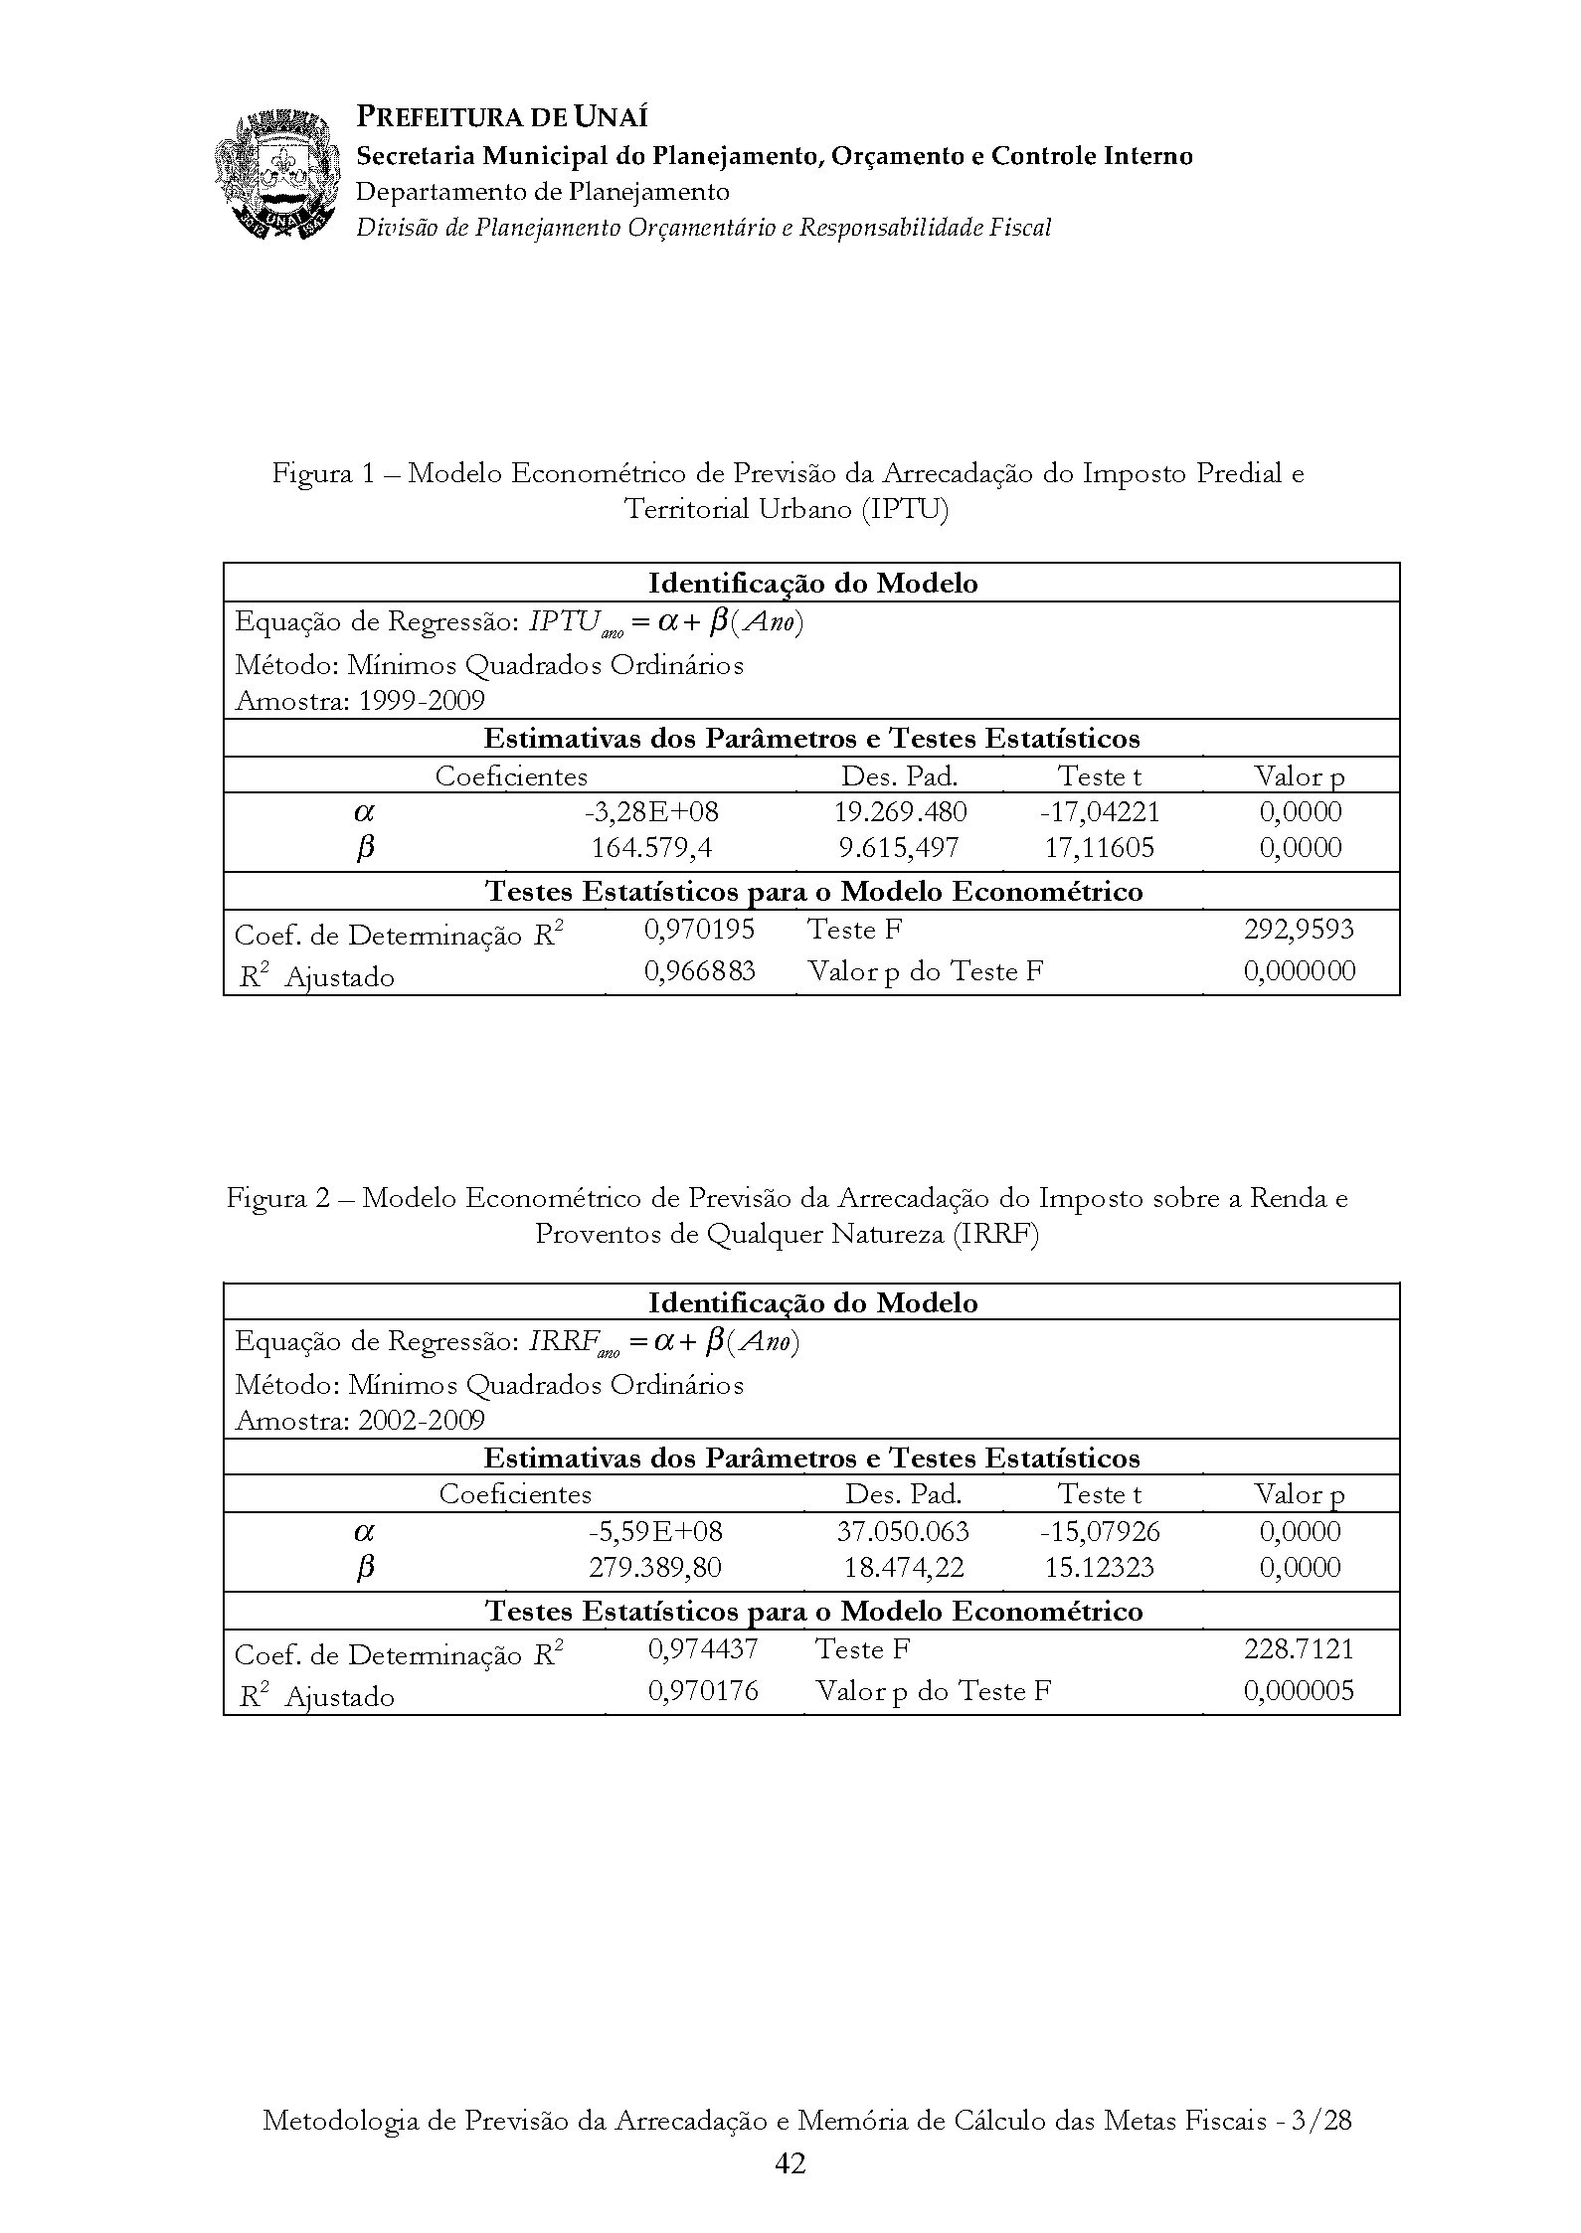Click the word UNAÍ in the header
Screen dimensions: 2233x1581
coord(611,117)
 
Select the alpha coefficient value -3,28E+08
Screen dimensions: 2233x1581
coord(651,812)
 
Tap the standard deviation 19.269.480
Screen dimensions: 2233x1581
coord(900,812)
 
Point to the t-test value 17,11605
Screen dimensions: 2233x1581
coord(1100,848)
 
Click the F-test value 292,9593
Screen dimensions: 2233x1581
coord(1299,930)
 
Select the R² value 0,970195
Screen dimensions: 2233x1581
coord(700,930)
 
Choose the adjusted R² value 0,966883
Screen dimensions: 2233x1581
coord(700,970)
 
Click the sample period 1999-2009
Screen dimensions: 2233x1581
coord(422,701)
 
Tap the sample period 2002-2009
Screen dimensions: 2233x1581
coord(422,1420)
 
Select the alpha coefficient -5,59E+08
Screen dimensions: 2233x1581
coord(653,1531)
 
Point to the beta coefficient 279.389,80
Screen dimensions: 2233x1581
coord(654,1568)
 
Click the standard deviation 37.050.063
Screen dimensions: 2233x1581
coord(903,1531)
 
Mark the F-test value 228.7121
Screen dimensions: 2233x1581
coord(1299,1649)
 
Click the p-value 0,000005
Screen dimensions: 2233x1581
coord(1299,1690)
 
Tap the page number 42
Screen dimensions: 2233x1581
coord(790,2162)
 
